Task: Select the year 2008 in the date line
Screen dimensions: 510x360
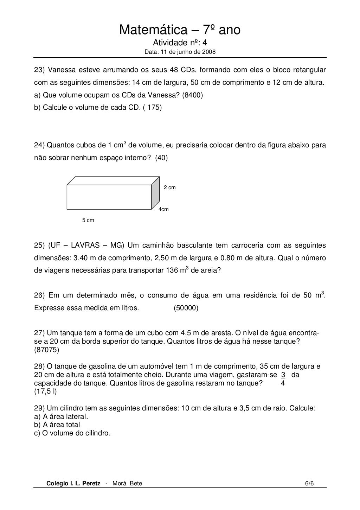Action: (x=209, y=52)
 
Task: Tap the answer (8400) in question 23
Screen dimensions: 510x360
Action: (x=193, y=95)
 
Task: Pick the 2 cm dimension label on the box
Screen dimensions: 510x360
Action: (x=170, y=187)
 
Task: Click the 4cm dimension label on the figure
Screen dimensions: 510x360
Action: (x=164, y=209)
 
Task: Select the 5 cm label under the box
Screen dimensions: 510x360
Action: (x=88, y=220)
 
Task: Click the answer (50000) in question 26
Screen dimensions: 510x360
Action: (x=186, y=308)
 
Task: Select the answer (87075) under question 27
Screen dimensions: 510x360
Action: (x=47, y=350)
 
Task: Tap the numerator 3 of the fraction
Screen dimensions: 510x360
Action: (x=283, y=375)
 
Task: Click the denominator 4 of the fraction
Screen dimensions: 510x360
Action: (x=283, y=383)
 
